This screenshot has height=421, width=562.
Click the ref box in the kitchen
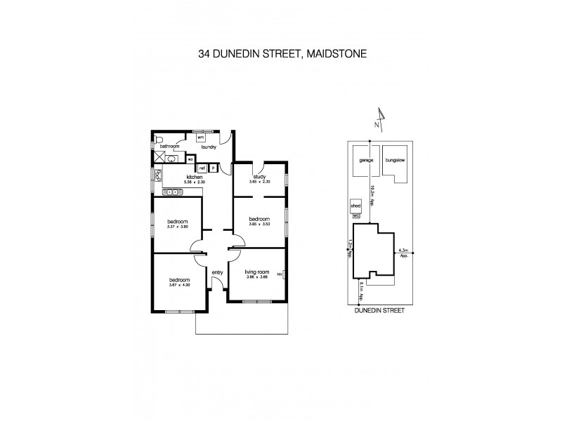point(202,168)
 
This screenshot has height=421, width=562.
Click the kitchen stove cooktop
point(171,191)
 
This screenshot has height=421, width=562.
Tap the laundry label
point(207,147)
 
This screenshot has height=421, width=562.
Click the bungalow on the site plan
point(396,160)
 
